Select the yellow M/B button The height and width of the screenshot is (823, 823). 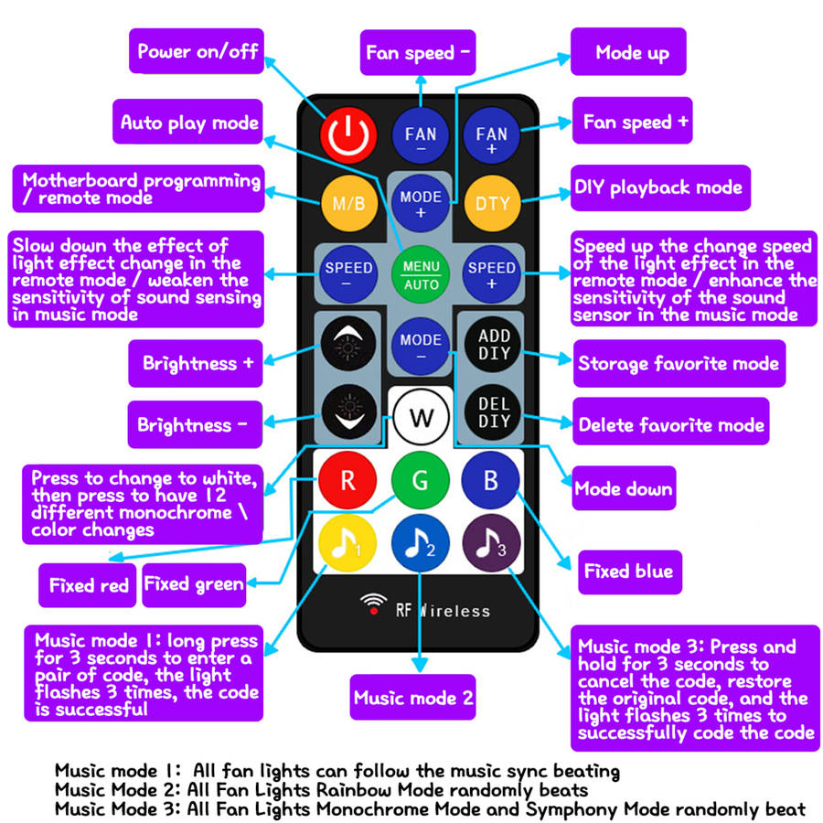click(347, 202)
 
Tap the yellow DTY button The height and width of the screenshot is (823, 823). click(492, 202)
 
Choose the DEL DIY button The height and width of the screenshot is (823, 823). click(494, 411)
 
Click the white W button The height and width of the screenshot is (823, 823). click(421, 418)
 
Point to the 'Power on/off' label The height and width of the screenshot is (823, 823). click(198, 51)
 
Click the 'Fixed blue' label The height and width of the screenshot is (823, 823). click(628, 572)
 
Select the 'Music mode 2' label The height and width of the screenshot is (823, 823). click(413, 699)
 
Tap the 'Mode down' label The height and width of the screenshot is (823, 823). click(623, 489)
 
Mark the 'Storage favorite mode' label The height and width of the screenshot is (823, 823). click(679, 363)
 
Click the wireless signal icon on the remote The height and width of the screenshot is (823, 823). click(373, 604)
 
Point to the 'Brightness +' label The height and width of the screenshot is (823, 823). click(198, 363)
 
